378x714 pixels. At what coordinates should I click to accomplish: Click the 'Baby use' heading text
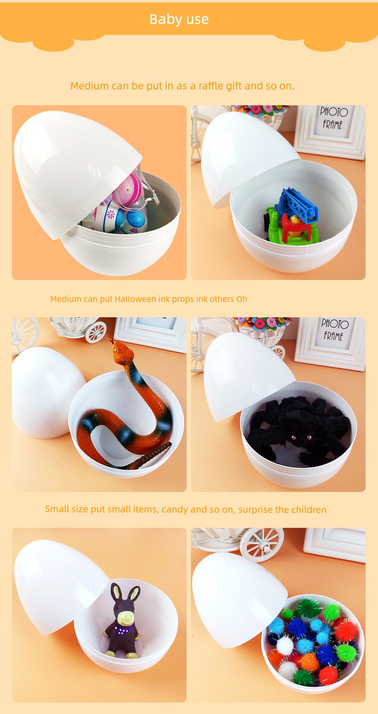click(x=179, y=20)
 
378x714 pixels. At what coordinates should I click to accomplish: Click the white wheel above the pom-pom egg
click(x=261, y=545)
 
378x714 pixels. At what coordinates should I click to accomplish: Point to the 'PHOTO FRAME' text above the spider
click(x=334, y=330)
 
